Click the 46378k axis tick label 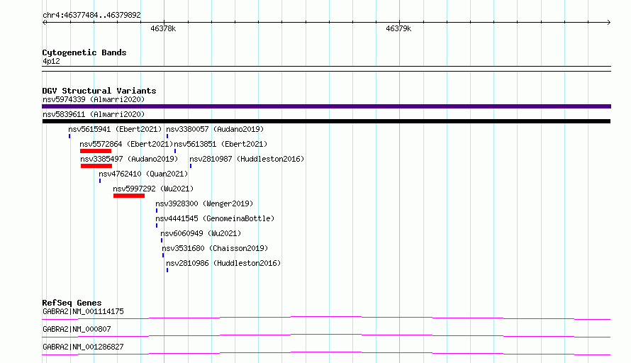click(x=163, y=28)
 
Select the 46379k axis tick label click(x=398, y=28)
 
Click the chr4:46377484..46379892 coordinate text click(x=91, y=15)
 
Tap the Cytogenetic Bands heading click(x=84, y=52)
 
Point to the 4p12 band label click(x=51, y=61)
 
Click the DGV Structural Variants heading click(x=99, y=91)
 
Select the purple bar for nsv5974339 click(x=326, y=106)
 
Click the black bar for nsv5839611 click(x=326, y=121)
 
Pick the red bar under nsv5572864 click(x=96, y=151)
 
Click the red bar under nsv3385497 click(x=96, y=166)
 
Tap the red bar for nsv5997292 click(x=129, y=196)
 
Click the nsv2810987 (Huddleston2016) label click(x=247, y=159)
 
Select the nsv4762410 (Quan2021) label click(x=143, y=174)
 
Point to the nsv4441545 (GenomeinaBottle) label click(x=215, y=218)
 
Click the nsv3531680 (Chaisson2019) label click(x=215, y=248)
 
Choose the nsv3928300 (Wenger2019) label click(x=204, y=203)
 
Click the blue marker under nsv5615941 click(x=69, y=136)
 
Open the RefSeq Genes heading click(x=72, y=303)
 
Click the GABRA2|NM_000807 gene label click(x=77, y=329)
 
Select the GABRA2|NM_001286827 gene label click(x=83, y=347)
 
